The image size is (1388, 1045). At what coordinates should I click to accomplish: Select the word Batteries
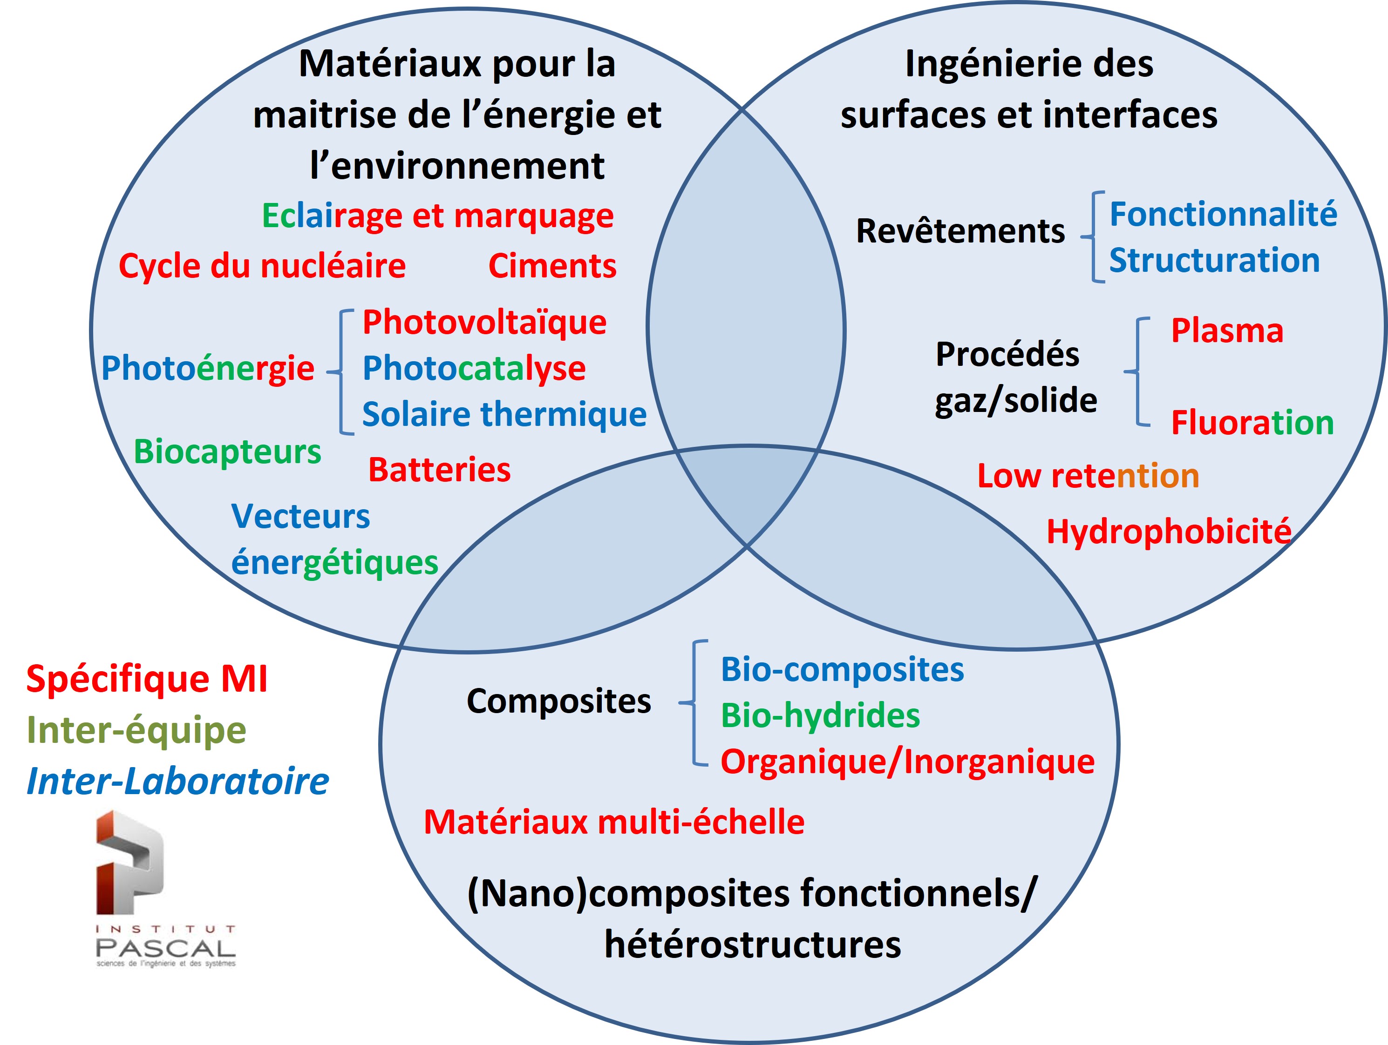439,470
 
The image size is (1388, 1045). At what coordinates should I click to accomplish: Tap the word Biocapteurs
227,452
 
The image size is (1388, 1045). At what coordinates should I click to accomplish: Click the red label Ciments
552,266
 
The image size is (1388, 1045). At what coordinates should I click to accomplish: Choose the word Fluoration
1252,422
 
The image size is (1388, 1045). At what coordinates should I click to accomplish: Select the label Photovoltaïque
484,323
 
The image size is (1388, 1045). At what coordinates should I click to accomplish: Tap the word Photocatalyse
474,368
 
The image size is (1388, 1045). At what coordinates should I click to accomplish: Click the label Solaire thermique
504,415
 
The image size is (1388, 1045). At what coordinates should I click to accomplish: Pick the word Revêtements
960,231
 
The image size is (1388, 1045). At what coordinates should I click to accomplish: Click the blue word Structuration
1214,260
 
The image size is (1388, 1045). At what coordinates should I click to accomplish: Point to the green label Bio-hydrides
820,715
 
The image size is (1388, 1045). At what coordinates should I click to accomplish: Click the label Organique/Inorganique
907,762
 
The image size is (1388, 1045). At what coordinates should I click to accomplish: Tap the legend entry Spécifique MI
147,679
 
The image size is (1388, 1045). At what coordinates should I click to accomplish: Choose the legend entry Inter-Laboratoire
177,782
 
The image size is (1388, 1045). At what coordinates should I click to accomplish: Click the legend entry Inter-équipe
136,730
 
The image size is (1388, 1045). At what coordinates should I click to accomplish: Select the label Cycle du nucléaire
262,266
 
